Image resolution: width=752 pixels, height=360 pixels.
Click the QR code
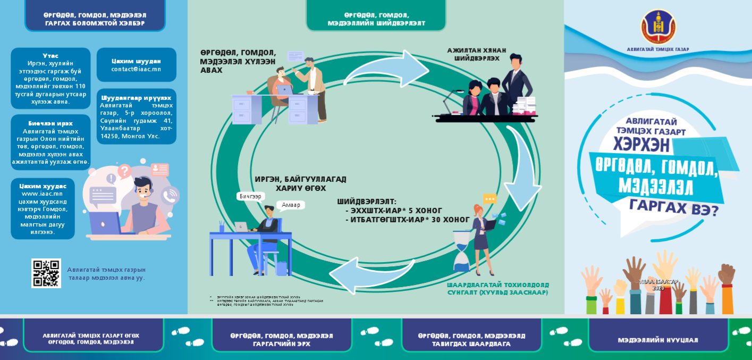[46, 273]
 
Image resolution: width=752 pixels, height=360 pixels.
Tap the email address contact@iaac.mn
[136, 69]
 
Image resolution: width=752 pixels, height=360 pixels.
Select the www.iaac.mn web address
[42, 194]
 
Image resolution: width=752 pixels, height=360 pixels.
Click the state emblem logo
[658, 27]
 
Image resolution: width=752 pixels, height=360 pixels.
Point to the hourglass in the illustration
[462, 250]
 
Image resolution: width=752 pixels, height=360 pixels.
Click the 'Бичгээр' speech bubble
[250, 196]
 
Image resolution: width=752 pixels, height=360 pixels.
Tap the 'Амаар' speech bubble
[291, 205]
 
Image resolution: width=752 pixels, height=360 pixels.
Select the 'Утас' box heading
[50, 56]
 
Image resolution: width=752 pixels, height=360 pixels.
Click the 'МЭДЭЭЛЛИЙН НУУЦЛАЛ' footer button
[658, 340]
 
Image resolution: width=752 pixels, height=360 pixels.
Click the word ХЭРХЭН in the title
[641, 145]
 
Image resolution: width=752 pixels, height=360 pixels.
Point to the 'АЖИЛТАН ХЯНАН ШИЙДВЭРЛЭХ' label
[477, 54]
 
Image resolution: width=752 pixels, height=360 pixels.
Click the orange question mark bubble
[124, 171]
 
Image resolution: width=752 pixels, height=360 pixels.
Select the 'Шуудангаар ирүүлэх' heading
[136, 98]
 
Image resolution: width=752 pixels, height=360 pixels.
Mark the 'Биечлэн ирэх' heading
[50, 123]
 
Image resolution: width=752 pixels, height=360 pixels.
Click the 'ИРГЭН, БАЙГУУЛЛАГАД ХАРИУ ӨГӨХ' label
[300, 183]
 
